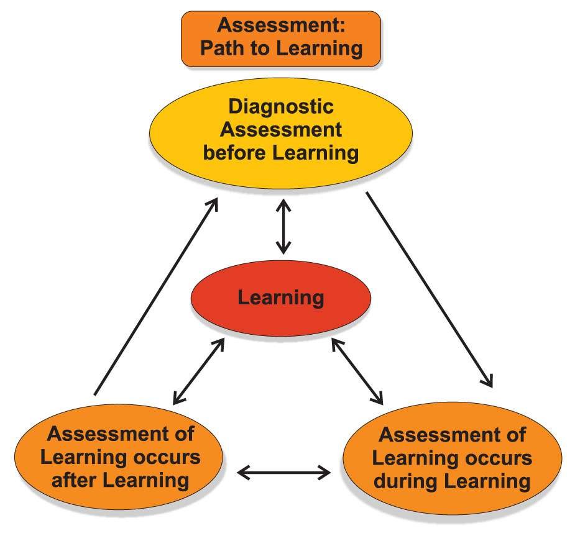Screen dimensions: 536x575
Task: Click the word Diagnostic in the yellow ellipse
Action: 280,107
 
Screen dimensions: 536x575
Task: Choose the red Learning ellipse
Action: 280,298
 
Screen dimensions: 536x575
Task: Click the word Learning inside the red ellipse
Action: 280,298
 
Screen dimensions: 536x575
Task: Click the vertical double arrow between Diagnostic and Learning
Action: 283,227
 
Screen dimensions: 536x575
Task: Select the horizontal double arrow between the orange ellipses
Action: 285,473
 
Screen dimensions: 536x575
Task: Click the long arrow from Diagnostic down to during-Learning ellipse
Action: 429,289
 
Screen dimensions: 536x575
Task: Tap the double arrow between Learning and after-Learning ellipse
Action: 198,371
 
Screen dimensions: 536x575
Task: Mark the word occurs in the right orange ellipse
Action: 497,458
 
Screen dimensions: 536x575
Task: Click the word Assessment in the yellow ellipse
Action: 280,130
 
